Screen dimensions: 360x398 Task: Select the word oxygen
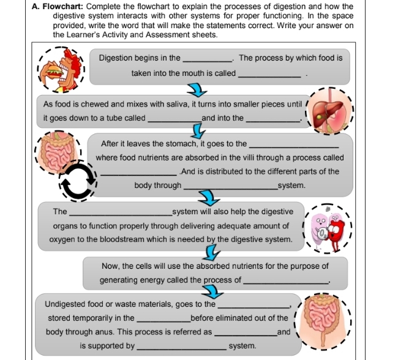click(x=62, y=239)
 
